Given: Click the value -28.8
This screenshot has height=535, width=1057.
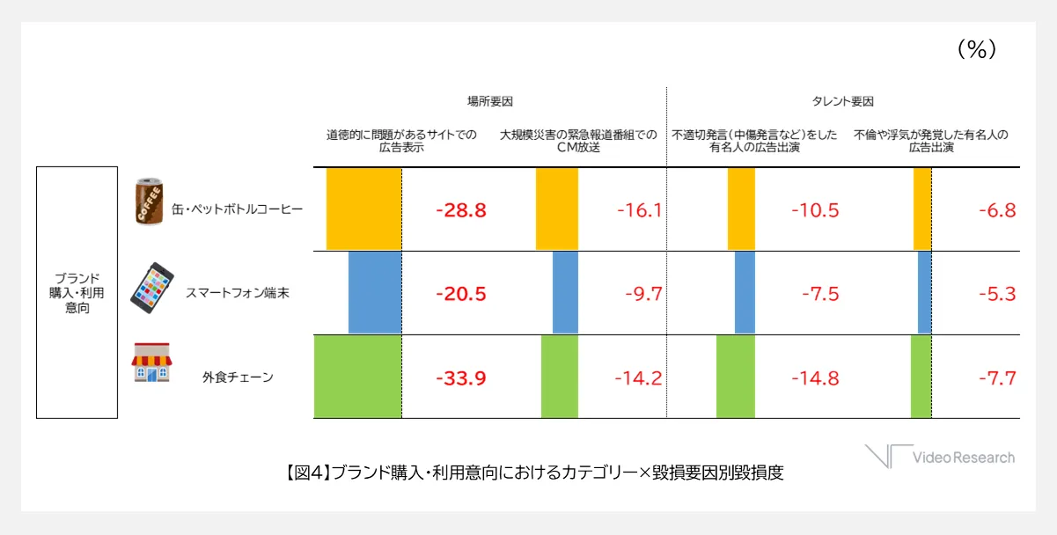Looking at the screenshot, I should point(460,210).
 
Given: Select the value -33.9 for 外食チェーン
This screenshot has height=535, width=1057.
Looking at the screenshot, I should point(460,378).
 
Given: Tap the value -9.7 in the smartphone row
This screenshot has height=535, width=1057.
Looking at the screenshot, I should point(642,294).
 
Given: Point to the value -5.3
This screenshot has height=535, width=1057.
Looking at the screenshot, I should point(997,294).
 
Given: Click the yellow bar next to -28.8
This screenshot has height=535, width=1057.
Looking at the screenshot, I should point(363,209).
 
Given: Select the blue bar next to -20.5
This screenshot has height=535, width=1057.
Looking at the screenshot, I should point(375,293).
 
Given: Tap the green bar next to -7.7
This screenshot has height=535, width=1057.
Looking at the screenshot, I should point(921,377).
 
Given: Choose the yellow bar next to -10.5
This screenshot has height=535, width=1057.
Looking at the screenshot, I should point(741,209).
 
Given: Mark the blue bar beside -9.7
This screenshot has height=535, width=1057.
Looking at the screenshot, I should point(565,293).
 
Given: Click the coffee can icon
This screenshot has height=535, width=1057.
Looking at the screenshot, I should point(148,203).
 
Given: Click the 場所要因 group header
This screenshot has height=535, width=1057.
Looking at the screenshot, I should point(490,101).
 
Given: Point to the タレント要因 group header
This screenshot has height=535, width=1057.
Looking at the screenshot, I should point(843,101).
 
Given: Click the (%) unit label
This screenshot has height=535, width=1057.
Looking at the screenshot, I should point(976,51).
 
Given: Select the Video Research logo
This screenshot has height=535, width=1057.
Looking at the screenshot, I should point(940,457).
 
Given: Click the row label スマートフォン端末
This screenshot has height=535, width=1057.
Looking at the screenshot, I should point(237,294).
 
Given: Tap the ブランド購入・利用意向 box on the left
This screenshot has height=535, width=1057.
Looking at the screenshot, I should point(77,292).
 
